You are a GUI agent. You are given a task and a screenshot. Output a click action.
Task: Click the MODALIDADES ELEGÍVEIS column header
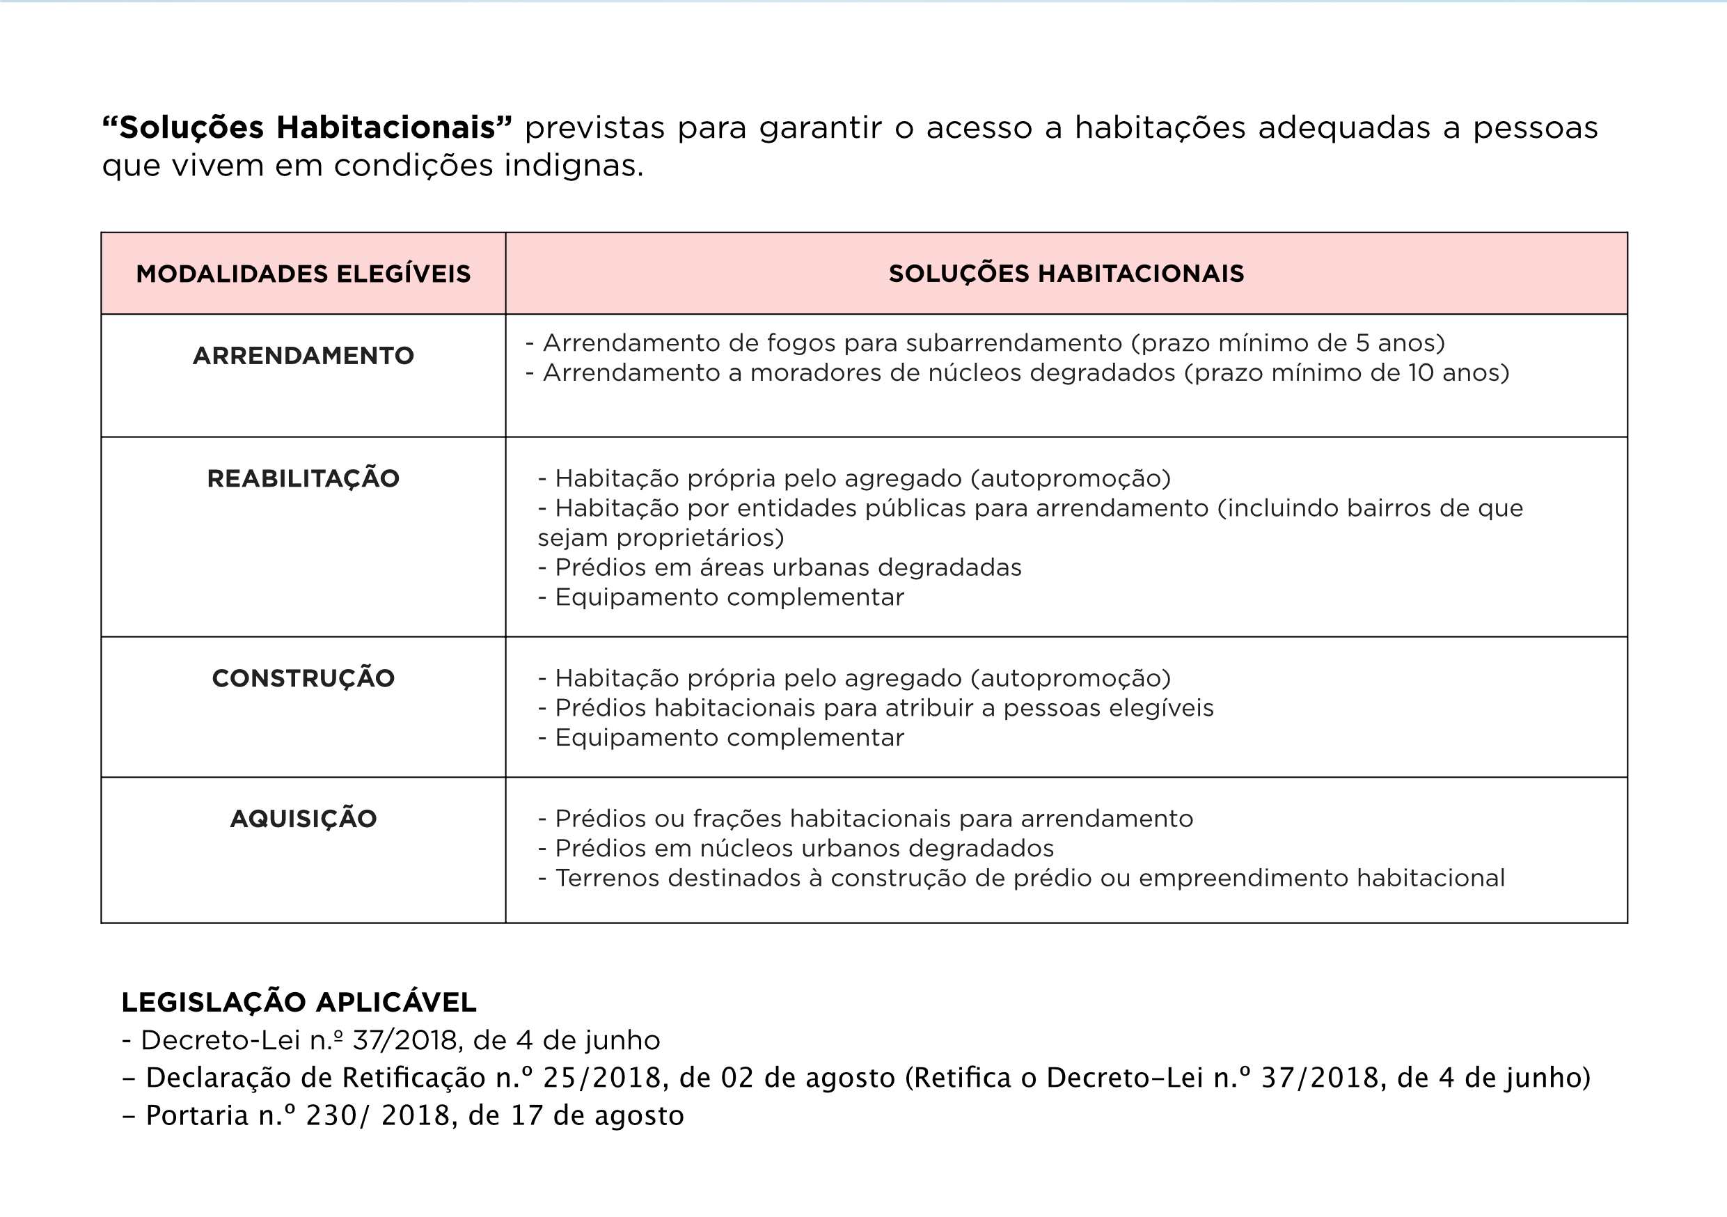303,274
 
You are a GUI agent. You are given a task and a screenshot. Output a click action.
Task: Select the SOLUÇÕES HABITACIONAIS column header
1066,274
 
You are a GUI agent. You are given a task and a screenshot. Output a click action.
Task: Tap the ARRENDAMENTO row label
303,356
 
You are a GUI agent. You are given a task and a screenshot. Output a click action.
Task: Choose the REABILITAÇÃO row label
303,479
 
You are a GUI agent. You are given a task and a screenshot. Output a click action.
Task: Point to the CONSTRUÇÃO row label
303,678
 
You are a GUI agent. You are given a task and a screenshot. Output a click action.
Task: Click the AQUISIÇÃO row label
303,819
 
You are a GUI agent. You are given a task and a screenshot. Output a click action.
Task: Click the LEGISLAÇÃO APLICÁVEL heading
299,1003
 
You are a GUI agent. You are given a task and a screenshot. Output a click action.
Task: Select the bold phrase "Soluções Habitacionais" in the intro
308,128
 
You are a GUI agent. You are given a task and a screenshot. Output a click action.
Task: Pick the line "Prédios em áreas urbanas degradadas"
787,568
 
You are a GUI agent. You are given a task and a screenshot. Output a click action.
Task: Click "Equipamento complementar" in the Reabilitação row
729,598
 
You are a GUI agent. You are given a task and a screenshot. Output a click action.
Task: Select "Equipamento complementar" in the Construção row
729,738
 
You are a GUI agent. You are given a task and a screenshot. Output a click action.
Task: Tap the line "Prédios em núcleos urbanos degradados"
804,849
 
